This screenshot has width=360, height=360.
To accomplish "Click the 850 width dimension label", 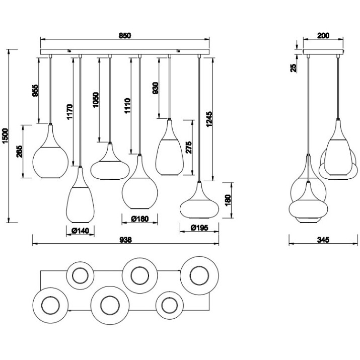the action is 125,36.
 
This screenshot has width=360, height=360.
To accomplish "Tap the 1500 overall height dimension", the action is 5,135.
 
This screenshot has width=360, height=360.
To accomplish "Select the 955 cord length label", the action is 35,91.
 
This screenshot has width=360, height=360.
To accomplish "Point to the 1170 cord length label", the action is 69,112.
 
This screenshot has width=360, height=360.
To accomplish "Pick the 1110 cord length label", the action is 127,106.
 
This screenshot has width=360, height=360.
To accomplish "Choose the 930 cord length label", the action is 155,88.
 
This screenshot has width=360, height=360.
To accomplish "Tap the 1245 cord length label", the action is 209,119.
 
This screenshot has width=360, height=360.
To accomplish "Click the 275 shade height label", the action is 188,147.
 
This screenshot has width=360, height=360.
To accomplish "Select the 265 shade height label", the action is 20,152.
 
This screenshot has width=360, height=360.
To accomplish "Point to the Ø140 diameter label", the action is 80,231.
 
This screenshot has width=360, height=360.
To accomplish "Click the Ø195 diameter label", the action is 199,228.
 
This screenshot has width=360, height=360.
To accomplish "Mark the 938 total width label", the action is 126,240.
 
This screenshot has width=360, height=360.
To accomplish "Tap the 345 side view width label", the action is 323,240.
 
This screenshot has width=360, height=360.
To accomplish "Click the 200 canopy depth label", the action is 323,36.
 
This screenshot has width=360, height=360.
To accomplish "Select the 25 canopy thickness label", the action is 294,68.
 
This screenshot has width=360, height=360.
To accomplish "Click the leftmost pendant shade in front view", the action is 50,152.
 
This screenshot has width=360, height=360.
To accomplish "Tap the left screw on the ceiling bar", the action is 69,51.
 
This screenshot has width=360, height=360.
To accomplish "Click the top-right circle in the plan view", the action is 199,276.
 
